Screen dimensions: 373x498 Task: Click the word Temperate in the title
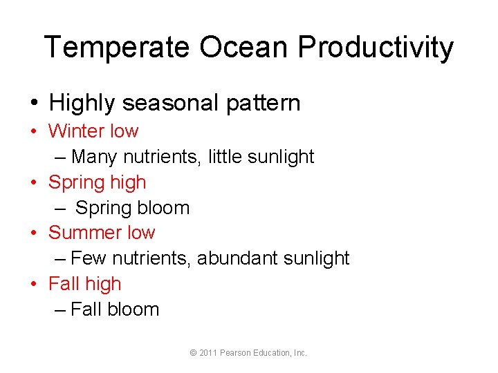117,48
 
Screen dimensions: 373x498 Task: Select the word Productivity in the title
376,48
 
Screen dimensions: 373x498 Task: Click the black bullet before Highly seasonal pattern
34,104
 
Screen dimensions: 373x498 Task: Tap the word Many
93,157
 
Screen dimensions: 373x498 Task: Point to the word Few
88,258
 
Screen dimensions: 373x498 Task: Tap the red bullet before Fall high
33,284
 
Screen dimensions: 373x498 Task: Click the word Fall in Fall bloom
86,309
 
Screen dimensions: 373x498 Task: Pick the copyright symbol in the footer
193,353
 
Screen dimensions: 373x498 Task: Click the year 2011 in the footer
207,353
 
